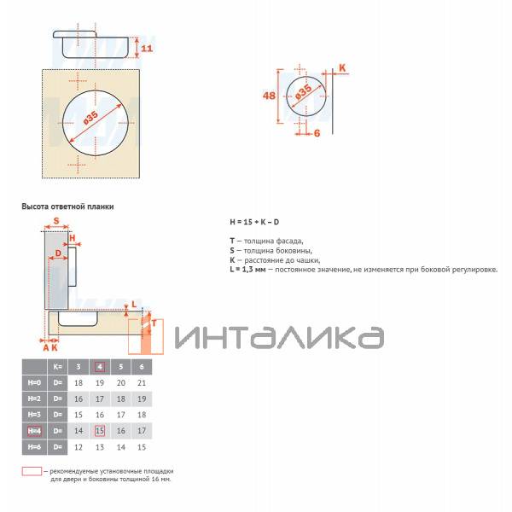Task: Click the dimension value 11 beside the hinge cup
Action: click(x=146, y=48)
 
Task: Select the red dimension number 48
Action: click(x=269, y=96)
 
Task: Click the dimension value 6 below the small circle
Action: click(x=316, y=132)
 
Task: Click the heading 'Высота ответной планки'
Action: click(x=67, y=207)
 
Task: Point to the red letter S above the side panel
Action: click(x=56, y=221)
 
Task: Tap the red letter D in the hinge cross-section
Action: click(x=58, y=253)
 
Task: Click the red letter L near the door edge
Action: click(x=134, y=304)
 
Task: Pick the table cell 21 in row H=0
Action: click(x=142, y=383)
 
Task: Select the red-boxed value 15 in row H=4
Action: click(x=99, y=431)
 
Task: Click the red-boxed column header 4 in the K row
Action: click(x=99, y=367)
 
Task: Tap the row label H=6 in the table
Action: click(x=34, y=446)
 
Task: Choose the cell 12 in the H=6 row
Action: click(x=79, y=446)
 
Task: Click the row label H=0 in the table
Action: click(x=34, y=383)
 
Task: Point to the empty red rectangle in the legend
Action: click(x=32, y=470)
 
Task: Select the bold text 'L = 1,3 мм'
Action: click(x=247, y=270)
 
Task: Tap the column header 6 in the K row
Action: click(x=142, y=367)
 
